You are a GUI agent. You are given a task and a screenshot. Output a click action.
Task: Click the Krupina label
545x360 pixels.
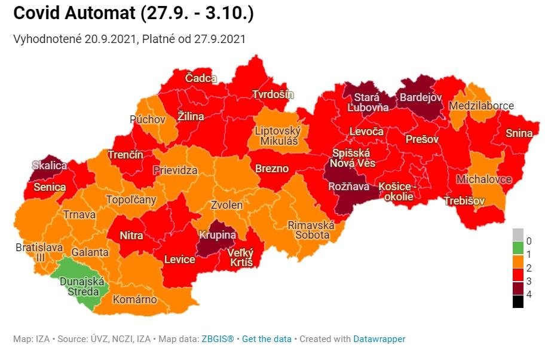[x=218, y=234]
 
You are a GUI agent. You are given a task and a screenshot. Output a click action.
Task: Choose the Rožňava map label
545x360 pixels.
[x=348, y=187]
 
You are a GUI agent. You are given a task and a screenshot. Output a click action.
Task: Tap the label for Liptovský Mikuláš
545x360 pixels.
[x=278, y=136]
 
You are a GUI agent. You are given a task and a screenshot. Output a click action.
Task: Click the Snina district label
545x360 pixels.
[x=518, y=133]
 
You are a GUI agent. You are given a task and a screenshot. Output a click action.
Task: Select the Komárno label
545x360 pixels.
[x=134, y=299]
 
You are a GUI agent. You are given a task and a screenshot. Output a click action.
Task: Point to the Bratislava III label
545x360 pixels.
[x=30, y=252]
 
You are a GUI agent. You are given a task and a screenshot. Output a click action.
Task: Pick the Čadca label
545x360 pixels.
[x=201, y=78]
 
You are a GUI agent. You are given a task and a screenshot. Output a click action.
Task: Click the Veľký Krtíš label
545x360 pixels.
[x=240, y=258]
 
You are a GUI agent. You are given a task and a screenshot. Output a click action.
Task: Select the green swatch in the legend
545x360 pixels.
[x=518, y=246]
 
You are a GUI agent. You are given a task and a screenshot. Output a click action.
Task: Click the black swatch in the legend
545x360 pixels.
[x=518, y=302]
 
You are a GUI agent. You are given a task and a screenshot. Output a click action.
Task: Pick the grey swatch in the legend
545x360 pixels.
[x=518, y=234]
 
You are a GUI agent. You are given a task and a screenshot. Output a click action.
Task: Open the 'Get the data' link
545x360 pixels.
[x=267, y=339]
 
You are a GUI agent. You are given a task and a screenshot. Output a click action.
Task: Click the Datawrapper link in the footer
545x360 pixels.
[x=379, y=339]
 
